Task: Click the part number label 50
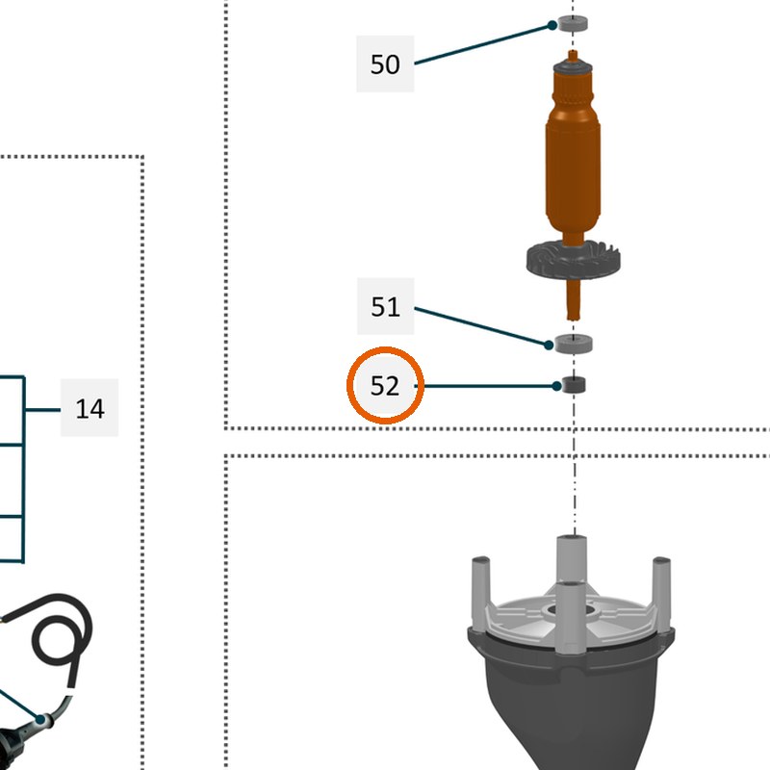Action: [x=385, y=64]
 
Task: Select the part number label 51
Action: [x=385, y=306]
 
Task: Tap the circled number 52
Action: [x=385, y=386]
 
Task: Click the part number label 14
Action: [x=90, y=408]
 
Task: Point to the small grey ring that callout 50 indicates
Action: [x=573, y=23]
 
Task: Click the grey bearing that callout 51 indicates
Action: [x=573, y=344]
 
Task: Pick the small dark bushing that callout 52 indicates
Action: [x=574, y=385]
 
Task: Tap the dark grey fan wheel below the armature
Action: [x=573, y=259]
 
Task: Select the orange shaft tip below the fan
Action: [x=573, y=299]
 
